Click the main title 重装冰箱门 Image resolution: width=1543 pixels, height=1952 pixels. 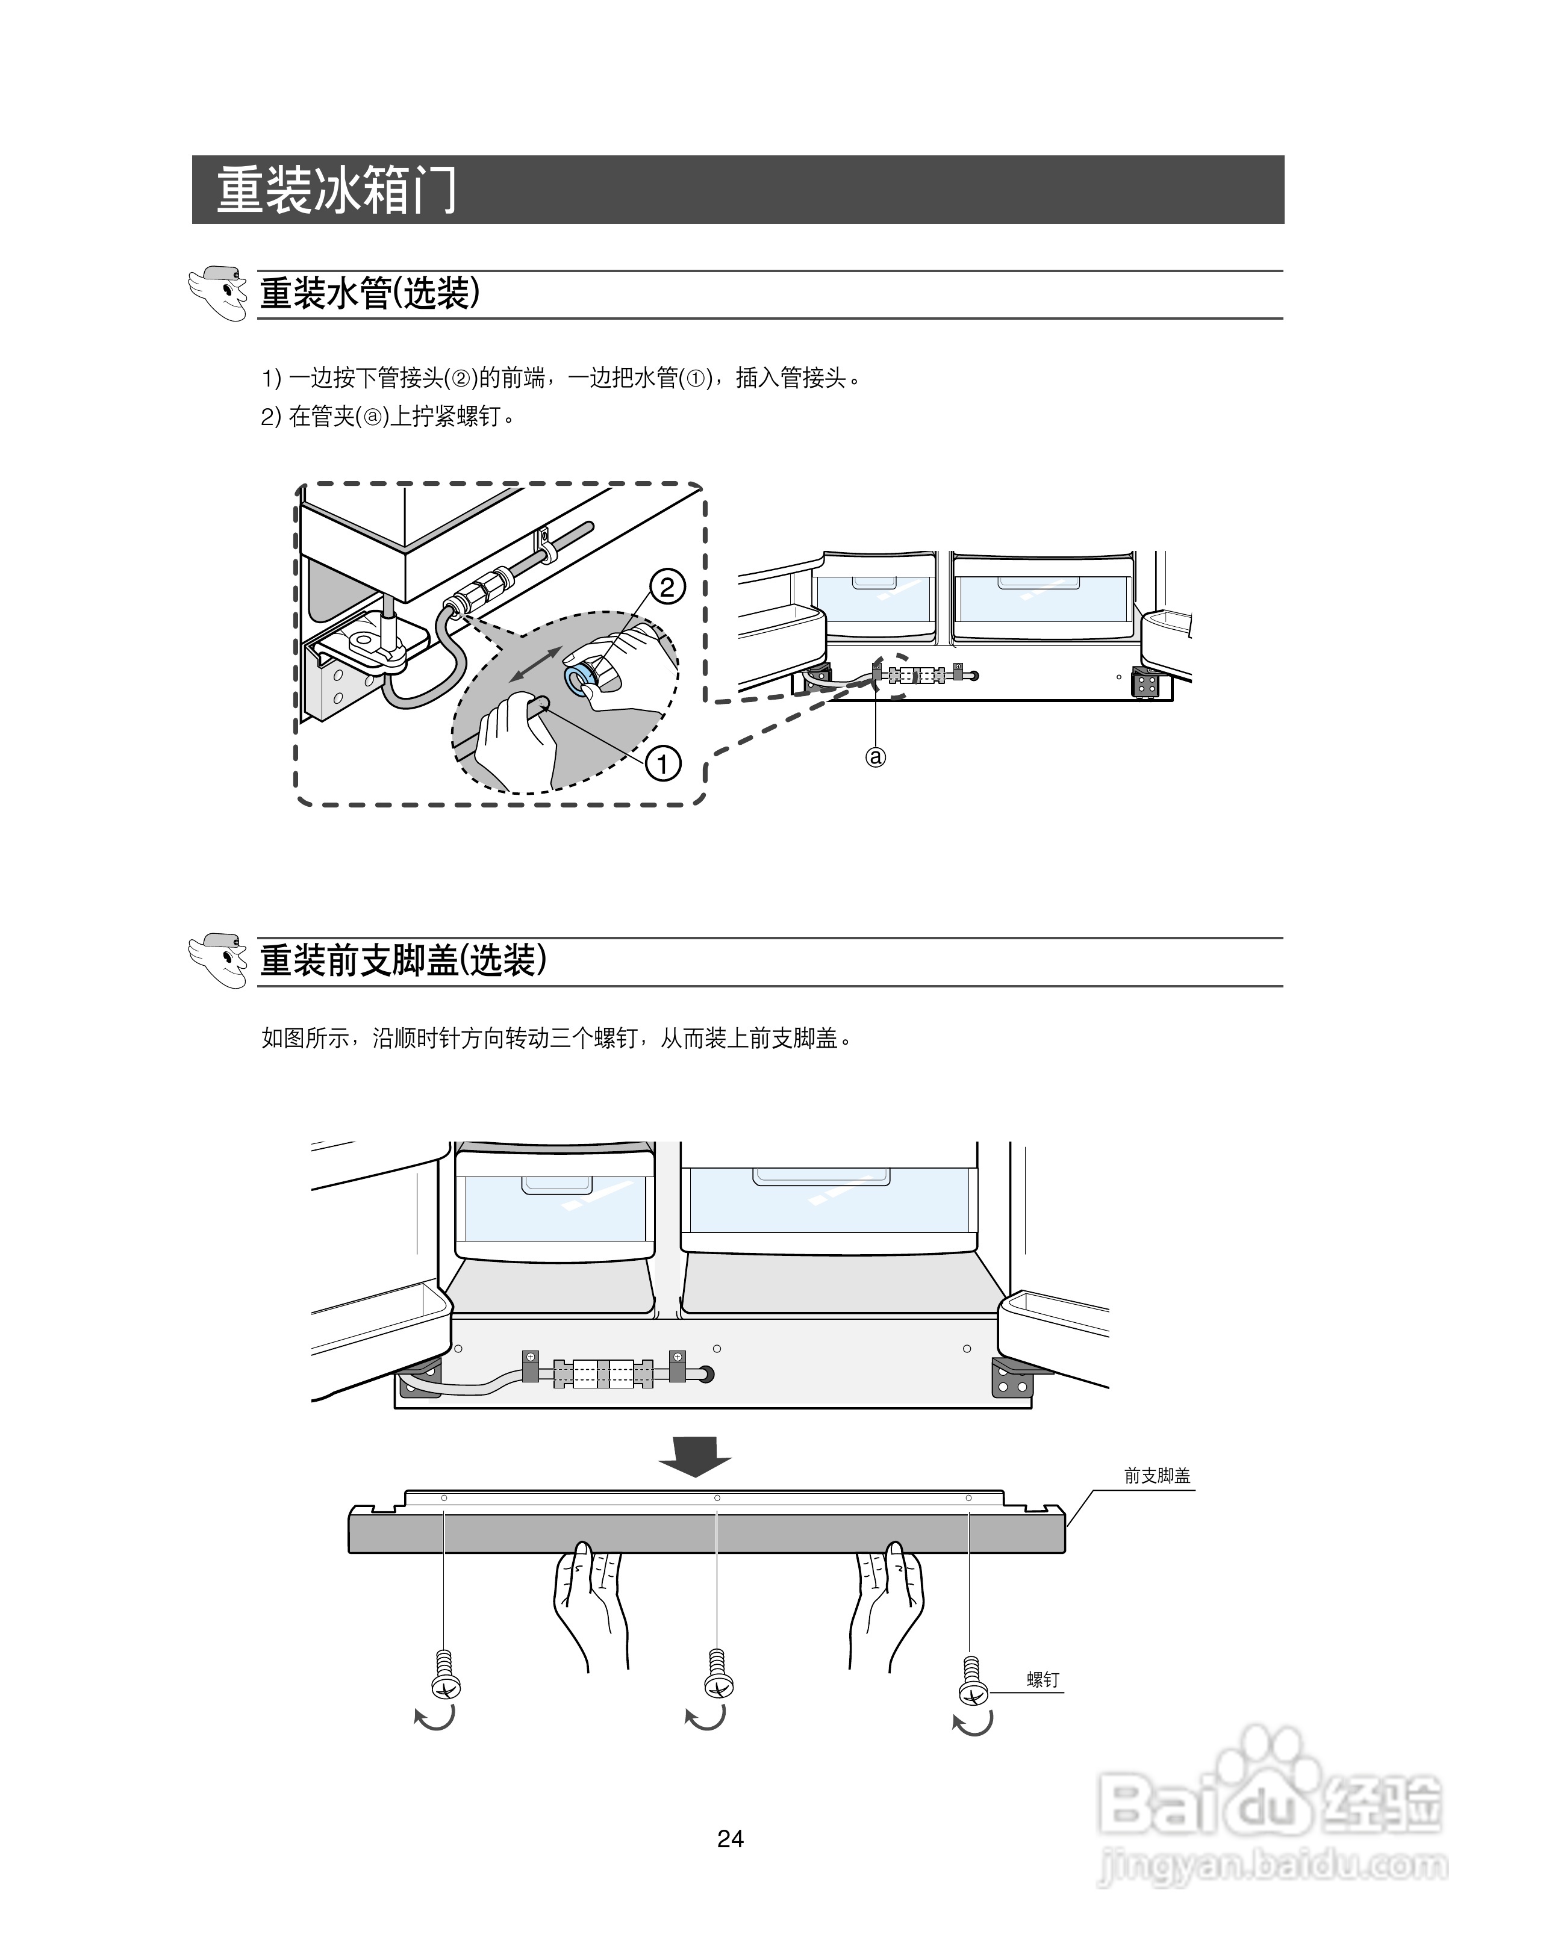pos(336,191)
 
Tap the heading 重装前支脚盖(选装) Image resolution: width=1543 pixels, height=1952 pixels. pos(403,960)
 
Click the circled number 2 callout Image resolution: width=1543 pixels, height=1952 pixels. pos(667,588)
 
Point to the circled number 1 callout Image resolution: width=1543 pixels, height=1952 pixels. pos(662,764)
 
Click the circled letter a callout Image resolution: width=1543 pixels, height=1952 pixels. pos(876,757)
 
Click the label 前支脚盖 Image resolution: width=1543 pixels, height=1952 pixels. pos(1158,1476)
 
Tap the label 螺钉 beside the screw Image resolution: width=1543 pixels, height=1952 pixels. pos(1043,1680)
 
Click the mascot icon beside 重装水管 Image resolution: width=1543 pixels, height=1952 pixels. pos(218,293)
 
